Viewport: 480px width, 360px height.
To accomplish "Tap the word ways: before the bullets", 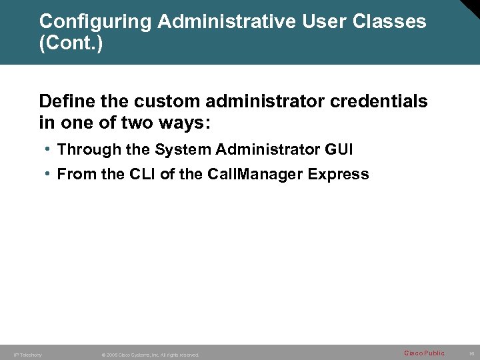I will (x=187, y=123).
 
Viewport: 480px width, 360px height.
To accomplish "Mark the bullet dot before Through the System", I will (x=49, y=149).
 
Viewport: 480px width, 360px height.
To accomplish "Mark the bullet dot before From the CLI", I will (x=49, y=174).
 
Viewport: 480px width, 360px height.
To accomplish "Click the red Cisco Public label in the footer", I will (x=424, y=352).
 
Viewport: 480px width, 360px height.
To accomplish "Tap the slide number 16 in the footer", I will (x=471, y=353).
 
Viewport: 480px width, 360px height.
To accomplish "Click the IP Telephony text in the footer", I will (x=28, y=355).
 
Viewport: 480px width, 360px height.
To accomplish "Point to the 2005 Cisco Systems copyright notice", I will (x=150, y=355).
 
